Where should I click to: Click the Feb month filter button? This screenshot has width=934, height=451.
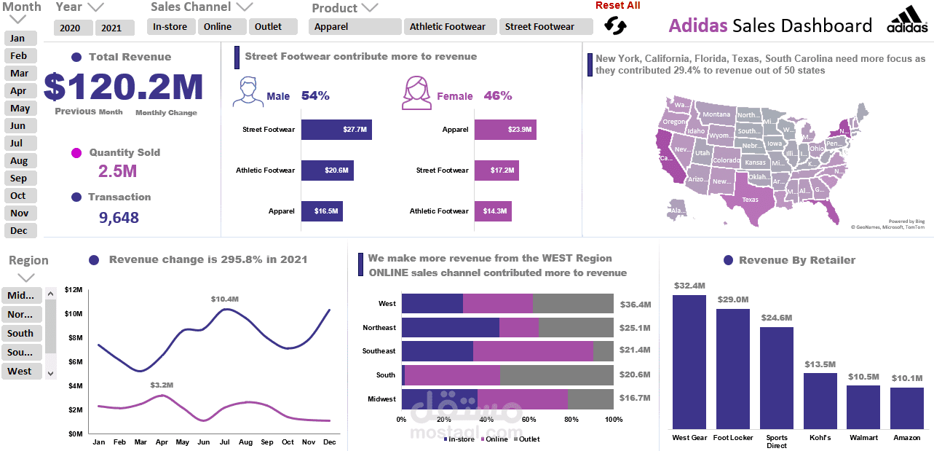tap(19, 56)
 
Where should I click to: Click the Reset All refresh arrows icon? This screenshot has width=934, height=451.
tap(615, 26)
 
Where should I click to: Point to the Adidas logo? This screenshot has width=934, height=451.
tap(907, 20)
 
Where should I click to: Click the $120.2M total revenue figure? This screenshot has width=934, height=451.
tap(124, 87)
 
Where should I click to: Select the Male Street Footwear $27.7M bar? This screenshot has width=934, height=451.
tap(336, 130)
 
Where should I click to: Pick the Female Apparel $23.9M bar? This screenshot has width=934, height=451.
tap(505, 130)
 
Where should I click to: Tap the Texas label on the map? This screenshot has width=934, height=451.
tap(750, 200)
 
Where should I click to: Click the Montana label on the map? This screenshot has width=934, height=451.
tap(716, 114)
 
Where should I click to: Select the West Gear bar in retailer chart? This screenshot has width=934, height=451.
tap(689, 361)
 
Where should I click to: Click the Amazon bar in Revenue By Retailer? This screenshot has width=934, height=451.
tap(906, 407)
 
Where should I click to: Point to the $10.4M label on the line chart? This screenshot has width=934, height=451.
tap(224, 299)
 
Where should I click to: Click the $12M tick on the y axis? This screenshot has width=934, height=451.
tap(74, 290)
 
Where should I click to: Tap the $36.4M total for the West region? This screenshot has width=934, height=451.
tap(635, 305)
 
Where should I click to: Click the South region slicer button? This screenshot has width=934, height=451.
tap(20, 334)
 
